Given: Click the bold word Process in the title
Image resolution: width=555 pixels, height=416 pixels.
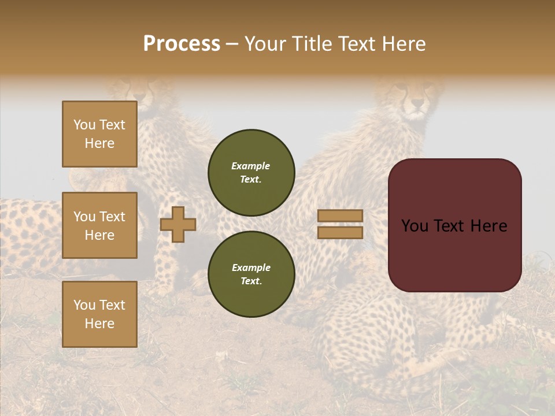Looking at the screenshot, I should (x=182, y=43).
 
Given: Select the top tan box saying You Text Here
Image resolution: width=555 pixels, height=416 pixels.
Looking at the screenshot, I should (x=99, y=134).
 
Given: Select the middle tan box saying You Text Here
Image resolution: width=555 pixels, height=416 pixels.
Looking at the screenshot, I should (x=99, y=225).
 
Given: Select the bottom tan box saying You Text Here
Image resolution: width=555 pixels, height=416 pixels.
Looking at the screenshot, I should (x=99, y=314).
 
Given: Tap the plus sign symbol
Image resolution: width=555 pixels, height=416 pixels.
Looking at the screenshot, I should (x=178, y=224).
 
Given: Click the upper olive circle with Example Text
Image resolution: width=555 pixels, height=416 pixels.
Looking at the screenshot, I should (x=251, y=172).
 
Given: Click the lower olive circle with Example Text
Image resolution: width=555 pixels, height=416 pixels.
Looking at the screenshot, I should (x=251, y=274).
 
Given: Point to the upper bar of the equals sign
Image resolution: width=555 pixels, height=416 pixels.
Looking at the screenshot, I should (x=341, y=216).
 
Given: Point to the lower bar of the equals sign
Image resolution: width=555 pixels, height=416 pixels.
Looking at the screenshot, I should (x=341, y=232).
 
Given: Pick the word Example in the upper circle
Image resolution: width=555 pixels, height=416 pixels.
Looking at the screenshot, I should (x=251, y=166).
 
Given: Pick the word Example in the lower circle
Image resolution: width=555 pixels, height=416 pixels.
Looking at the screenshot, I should (x=251, y=268).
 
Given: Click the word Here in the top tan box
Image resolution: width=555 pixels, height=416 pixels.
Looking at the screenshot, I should (x=99, y=143).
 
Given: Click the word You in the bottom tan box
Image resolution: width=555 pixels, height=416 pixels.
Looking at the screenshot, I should (x=84, y=305).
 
